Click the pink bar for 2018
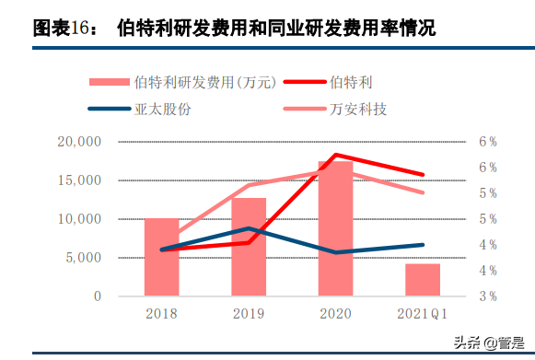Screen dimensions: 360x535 (161, 257)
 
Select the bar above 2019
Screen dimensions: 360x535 (249, 247)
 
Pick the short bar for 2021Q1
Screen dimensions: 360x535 (423, 279)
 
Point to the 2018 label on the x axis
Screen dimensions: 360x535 (161, 313)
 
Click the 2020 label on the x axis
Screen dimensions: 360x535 (335, 313)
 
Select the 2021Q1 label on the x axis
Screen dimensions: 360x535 (423, 313)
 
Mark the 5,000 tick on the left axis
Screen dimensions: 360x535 (82, 258)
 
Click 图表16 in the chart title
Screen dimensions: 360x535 (69, 29)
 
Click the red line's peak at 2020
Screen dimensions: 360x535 (336, 155)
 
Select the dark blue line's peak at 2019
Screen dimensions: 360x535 (249, 228)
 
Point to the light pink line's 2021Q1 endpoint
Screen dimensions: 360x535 (423, 192)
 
